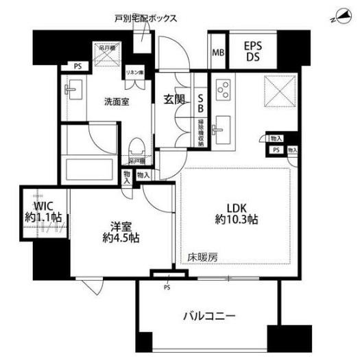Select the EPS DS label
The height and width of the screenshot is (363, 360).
pyautogui.click(x=258, y=51)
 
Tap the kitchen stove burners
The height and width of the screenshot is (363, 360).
pyautogui.click(x=224, y=90)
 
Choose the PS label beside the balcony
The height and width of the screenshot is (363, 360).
pyautogui.click(x=167, y=287)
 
